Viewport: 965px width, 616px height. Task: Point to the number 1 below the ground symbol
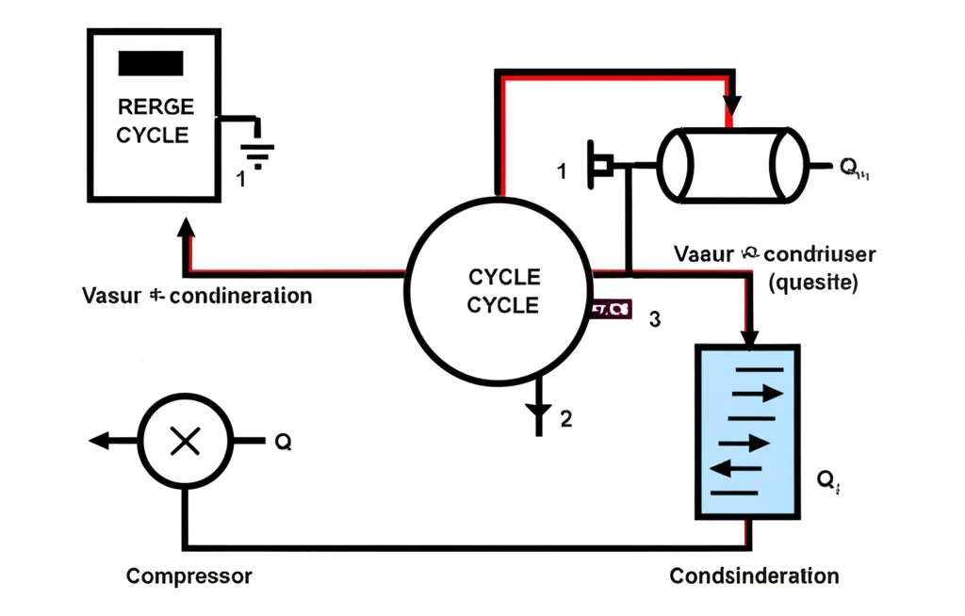pos(241,178)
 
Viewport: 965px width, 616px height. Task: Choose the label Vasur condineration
pos(197,296)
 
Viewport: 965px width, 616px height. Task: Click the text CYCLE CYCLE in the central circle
pos(503,291)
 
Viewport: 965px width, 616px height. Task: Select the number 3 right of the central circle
pos(655,319)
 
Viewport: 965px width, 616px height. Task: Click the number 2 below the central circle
pos(565,419)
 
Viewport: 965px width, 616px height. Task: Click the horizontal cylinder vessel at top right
pos(732,164)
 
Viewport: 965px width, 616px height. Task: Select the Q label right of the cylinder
pos(853,168)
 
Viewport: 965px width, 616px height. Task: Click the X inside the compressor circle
pos(185,441)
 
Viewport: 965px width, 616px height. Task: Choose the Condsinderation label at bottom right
pos(754,575)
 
